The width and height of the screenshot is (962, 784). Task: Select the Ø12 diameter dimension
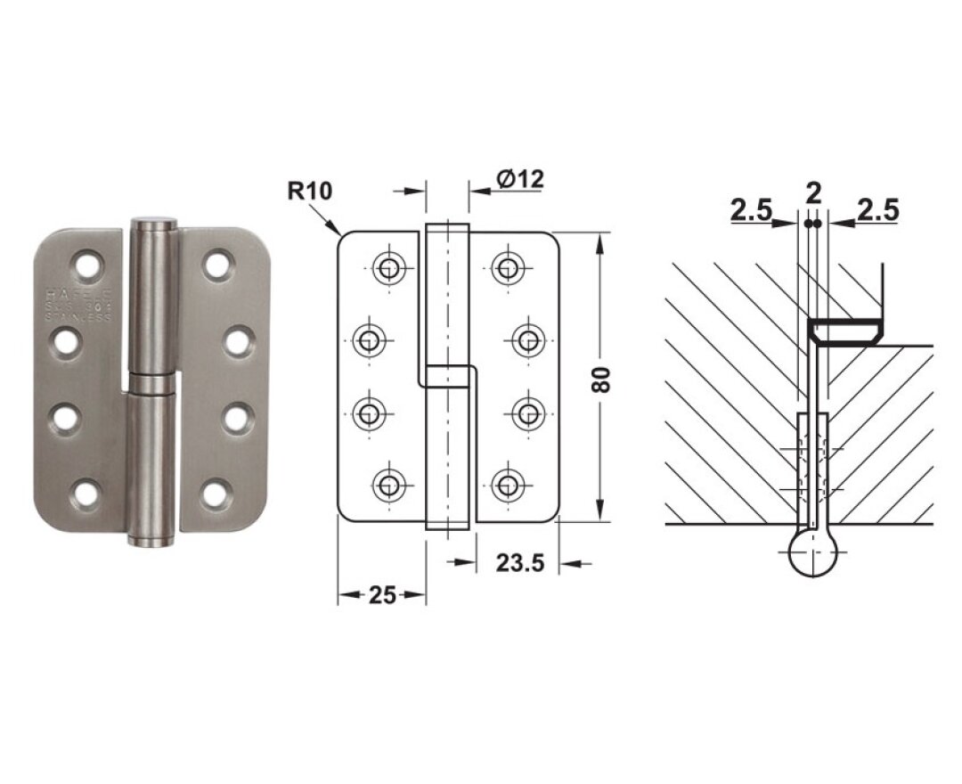coord(520,178)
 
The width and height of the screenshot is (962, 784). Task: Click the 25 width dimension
coord(381,595)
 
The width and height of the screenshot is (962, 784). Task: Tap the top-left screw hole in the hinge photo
coord(87,265)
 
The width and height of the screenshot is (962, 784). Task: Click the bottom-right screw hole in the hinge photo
coord(216,493)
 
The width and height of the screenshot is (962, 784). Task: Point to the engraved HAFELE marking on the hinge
coord(78,293)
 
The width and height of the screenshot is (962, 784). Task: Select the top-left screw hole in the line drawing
coord(388,266)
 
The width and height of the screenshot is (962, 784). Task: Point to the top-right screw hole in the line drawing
coord(507,266)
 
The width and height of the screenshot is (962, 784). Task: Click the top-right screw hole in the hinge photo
coord(216,264)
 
